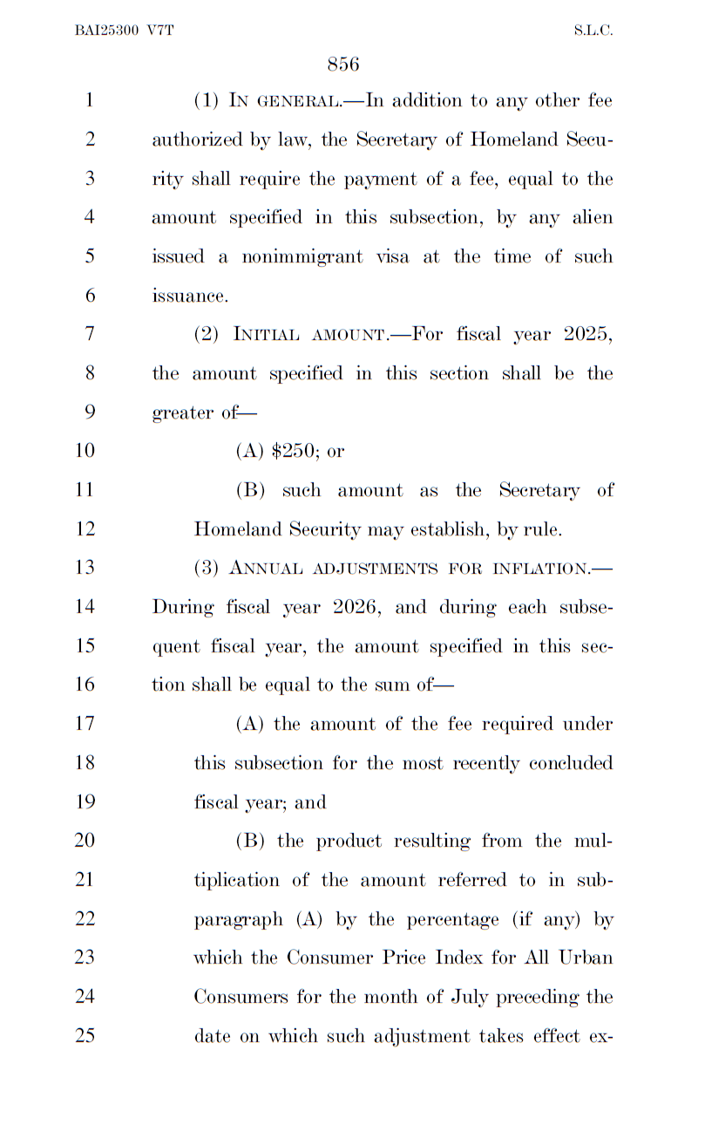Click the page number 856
[343, 64]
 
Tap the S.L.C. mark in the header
[593, 30]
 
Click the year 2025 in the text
[587, 334]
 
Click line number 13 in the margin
[85, 568]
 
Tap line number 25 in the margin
[85, 1036]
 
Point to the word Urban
[585, 958]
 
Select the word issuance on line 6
[189, 296]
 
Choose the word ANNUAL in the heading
[263, 569]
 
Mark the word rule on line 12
[542, 528]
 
